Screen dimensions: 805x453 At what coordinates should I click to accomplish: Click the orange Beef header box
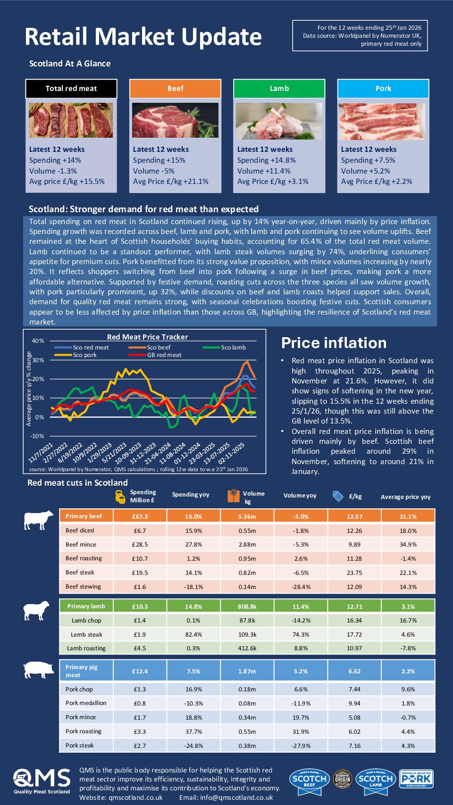coord(175,88)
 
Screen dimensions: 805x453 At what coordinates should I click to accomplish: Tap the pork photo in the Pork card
coord(382,121)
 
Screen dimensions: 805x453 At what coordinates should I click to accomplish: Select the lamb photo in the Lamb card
coord(279,121)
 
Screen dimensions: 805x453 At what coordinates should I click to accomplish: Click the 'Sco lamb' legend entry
coord(233,348)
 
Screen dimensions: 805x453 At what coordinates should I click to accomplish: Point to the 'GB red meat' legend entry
coord(164,355)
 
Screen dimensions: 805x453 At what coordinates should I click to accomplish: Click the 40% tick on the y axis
coord(38,341)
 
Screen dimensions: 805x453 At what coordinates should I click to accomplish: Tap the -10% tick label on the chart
coord(37,436)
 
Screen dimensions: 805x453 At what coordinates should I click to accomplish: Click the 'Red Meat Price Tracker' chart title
coord(147,337)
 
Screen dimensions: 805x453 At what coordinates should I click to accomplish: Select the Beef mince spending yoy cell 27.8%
coord(193,545)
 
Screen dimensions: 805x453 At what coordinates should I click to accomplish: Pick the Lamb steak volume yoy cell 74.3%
coord(301,635)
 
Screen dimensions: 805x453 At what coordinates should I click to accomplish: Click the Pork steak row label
coord(80,746)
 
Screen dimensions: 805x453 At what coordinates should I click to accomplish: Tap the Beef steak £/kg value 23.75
coord(354,573)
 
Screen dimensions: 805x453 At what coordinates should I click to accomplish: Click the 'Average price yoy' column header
coord(405,497)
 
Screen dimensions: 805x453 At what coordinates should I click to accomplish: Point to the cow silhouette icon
coord(38,520)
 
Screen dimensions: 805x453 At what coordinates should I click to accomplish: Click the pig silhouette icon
coord(39,670)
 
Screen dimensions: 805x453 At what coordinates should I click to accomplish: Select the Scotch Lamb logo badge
coord(375,779)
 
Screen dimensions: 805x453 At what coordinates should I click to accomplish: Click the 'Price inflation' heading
coord(334,343)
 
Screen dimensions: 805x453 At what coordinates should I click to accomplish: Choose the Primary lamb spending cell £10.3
coord(140,606)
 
